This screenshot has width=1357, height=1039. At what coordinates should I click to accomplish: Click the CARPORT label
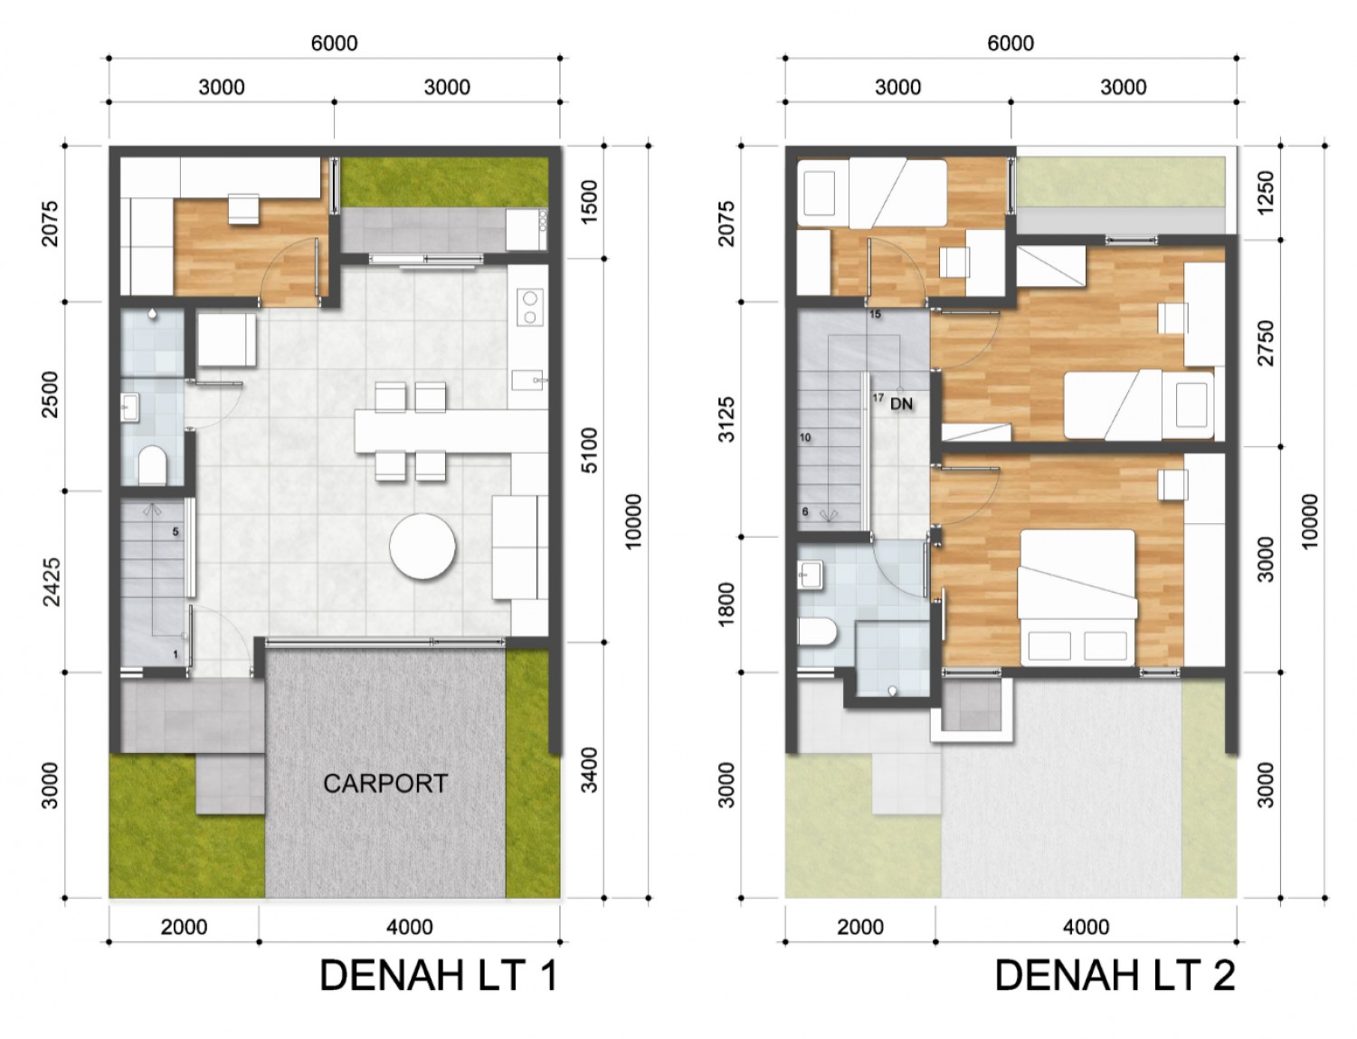pyautogui.click(x=385, y=784)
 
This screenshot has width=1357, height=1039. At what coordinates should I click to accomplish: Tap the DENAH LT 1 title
pyautogui.click(x=439, y=976)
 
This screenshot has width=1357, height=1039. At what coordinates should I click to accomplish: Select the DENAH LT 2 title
pyautogui.click(x=1115, y=976)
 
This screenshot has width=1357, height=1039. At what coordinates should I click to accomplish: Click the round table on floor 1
pyautogui.click(x=422, y=547)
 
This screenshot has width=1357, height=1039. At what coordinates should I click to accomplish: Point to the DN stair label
pyautogui.click(x=901, y=404)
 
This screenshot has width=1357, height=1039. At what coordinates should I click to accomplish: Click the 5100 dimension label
pyautogui.click(x=590, y=450)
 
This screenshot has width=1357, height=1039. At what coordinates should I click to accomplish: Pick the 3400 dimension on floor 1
pyautogui.click(x=590, y=770)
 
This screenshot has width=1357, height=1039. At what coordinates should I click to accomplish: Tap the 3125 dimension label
pyautogui.click(x=727, y=419)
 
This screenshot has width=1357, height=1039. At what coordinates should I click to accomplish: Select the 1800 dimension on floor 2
pyautogui.click(x=727, y=605)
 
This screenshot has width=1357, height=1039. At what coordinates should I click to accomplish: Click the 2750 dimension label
pyautogui.click(x=1266, y=343)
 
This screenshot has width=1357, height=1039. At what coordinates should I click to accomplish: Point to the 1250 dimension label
pyautogui.click(x=1266, y=193)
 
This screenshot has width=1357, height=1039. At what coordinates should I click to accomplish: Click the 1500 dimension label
pyautogui.click(x=590, y=202)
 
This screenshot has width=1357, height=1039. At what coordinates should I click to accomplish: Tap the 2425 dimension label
pyautogui.click(x=52, y=581)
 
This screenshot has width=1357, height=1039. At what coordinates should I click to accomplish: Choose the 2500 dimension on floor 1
pyautogui.click(x=52, y=395)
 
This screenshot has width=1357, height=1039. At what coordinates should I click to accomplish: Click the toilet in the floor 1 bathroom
pyautogui.click(x=152, y=466)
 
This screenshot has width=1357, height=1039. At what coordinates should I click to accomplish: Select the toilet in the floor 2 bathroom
pyautogui.click(x=817, y=632)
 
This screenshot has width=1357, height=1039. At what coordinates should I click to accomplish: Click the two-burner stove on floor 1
pyautogui.click(x=530, y=308)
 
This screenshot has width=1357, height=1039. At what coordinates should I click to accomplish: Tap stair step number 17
pyautogui.click(x=878, y=397)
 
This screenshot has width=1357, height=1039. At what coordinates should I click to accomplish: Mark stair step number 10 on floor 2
pyautogui.click(x=805, y=437)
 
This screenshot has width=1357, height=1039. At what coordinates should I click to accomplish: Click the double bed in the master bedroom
pyautogui.click(x=1077, y=597)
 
